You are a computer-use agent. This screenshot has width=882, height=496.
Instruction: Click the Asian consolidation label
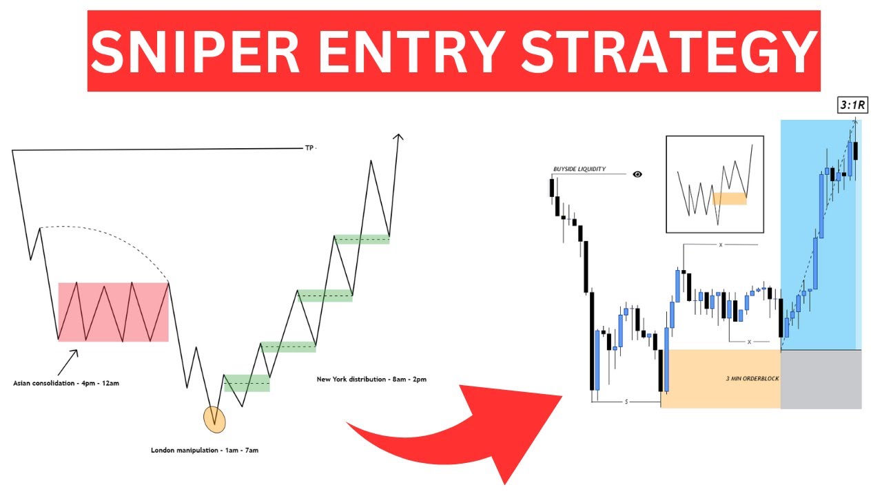click(x=66, y=382)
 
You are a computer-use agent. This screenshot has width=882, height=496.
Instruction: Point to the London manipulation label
click(x=205, y=450)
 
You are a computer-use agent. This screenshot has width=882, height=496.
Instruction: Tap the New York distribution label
click(x=371, y=379)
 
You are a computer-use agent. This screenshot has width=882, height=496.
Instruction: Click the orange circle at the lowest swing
click(x=214, y=420)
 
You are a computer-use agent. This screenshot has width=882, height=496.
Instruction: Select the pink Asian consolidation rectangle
click(x=114, y=312)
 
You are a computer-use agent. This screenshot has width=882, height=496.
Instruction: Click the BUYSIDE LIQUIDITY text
click(x=580, y=169)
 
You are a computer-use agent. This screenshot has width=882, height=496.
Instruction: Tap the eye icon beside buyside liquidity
click(x=637, y=174)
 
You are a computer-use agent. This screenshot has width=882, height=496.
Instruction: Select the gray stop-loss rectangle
click(x=821, y=379)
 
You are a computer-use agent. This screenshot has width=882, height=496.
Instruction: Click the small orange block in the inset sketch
click(x=730, y=198)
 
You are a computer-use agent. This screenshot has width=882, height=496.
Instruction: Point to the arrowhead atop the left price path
click(x=398, y=137)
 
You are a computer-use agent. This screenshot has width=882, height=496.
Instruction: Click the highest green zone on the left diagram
click(x=362, y=240)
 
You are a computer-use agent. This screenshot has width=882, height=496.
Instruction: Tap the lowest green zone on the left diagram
click(x=247, y=383)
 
